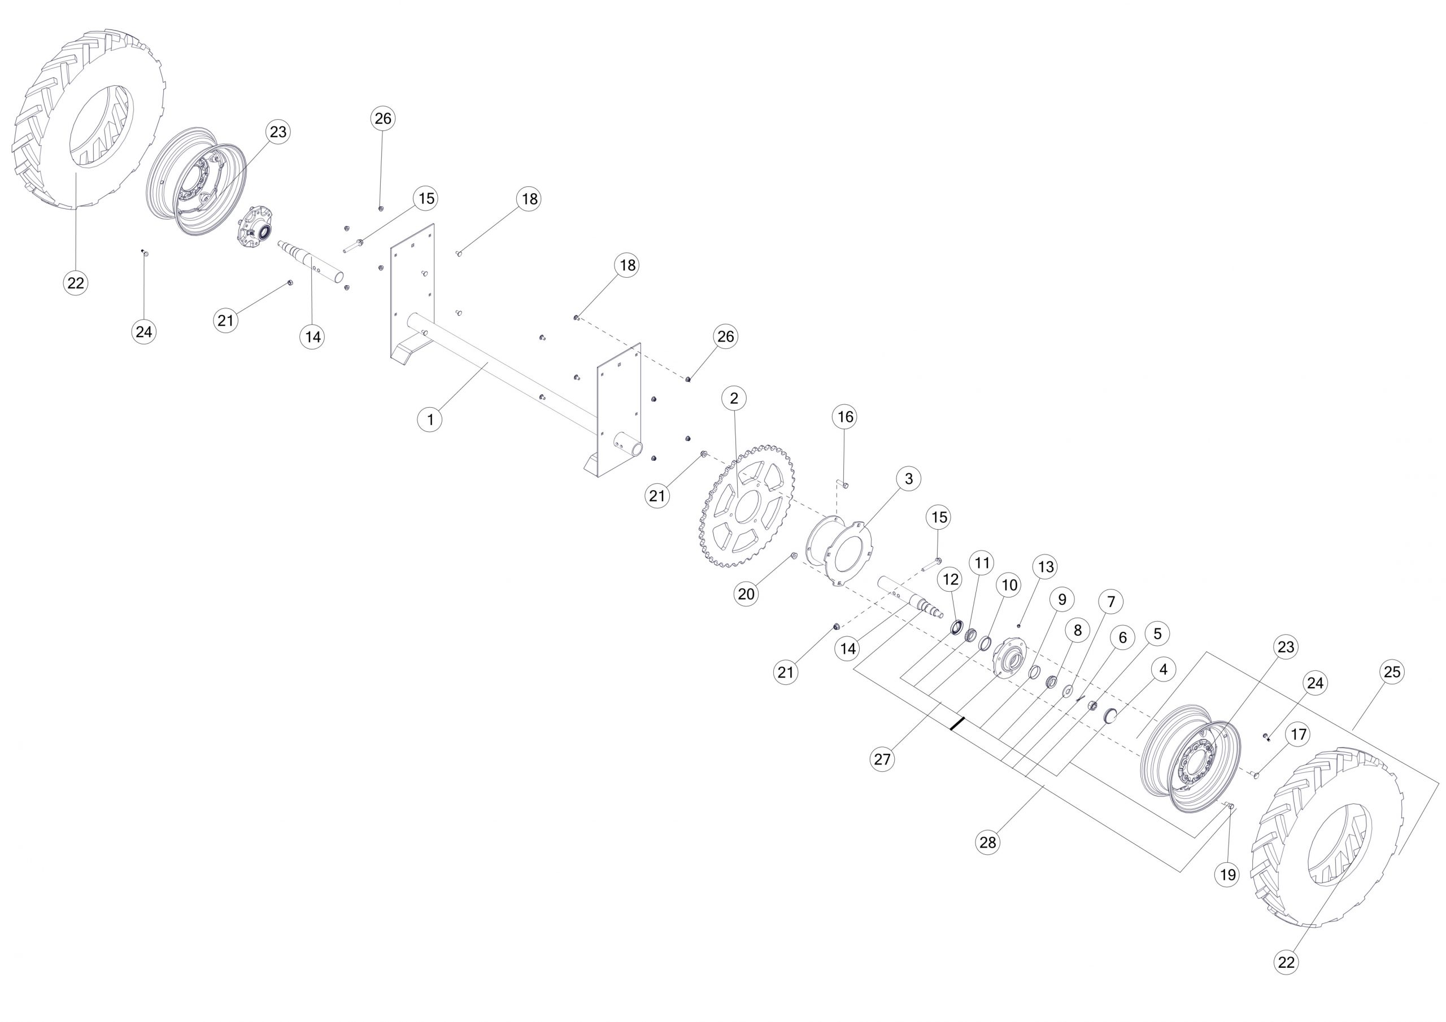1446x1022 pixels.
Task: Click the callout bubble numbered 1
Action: click(x=430, y=420)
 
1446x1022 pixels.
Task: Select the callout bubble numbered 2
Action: click(x=734, y=398)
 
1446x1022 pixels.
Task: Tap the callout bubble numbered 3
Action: click(x=908, y=479)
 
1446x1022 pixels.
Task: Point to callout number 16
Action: click(x=844, y=417)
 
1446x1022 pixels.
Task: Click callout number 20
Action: click(x=746, y=594)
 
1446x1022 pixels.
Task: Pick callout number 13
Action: click(x=1046, y=567)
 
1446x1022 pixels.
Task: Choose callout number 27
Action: click(x=882, y=759)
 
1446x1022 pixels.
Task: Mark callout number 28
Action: click(x=987, y=842)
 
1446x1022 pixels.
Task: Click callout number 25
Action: click(x=1392, y=672)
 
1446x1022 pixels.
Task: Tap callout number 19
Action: click(x=1227, y=875)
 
